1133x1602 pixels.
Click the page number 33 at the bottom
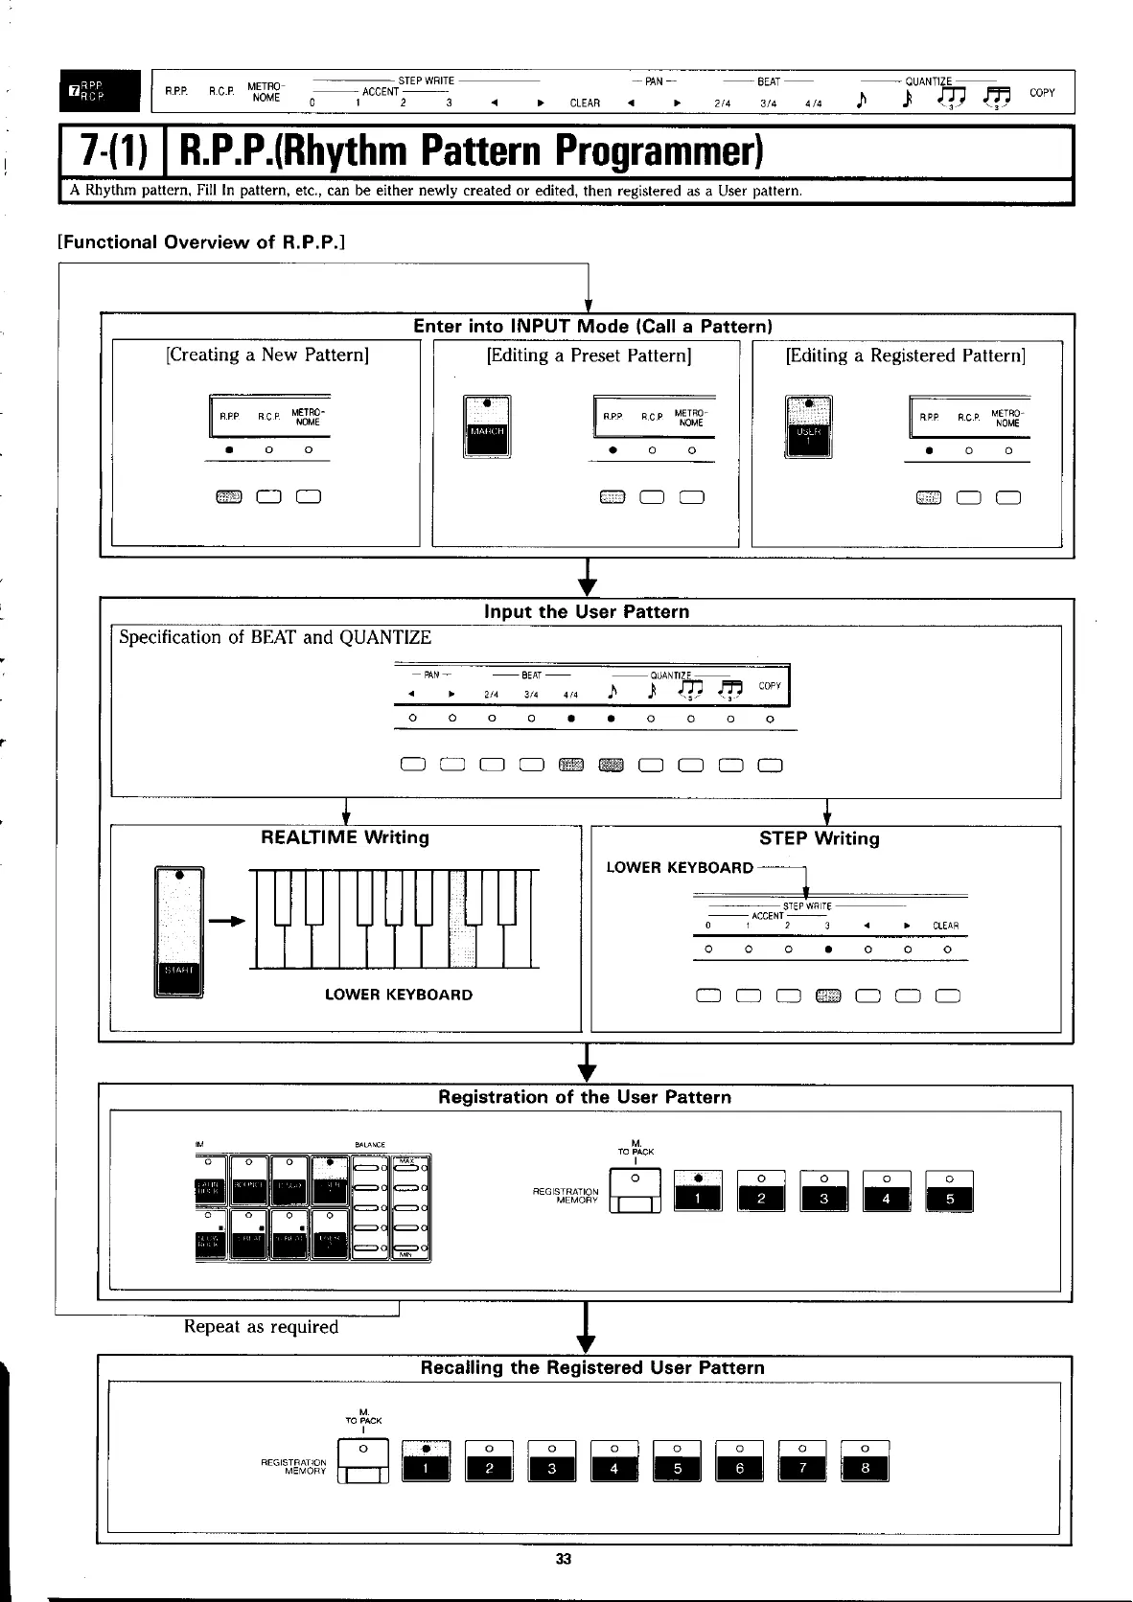(x=564, y=1559)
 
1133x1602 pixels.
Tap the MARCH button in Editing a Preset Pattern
(x=487, y=427)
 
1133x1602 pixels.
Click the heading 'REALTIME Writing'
(x=345, y=837)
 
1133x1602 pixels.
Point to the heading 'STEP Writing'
(x=819, y=838)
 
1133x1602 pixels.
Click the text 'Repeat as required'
(x=261, y=1327)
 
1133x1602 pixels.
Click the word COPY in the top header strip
(x=1041, y=93)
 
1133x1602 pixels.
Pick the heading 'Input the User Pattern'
(x=586, y=611)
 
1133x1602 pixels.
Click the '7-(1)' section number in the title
(x=114, y=152)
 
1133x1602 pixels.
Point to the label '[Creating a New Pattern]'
(x=267, y=355)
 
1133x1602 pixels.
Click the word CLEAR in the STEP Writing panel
(x=945, y=926)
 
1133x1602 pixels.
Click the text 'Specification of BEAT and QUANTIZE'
(x=275, y=637)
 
